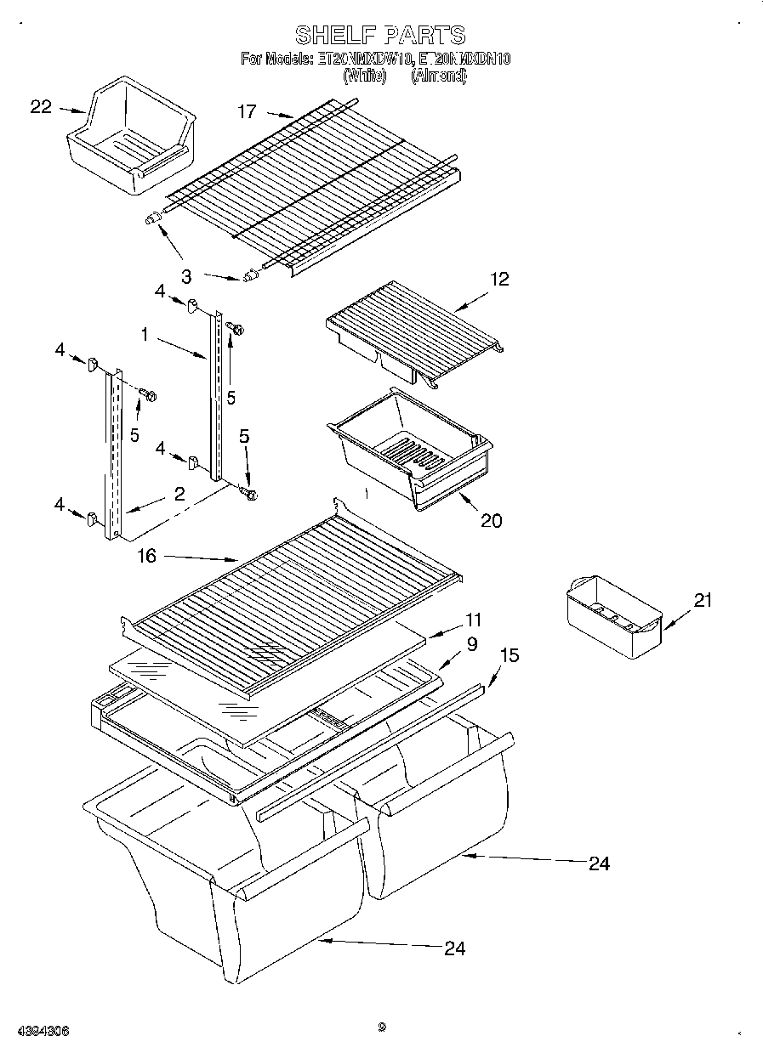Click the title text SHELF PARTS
(x=380, y=35)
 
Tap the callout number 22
(x=41, y=107)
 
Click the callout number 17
(x=247, y=111)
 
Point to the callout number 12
(x=499, y=279)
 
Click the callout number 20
(x=492, y=520)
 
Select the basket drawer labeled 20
(x=408, y=446)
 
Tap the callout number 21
(x=702, y=601)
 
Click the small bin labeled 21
(x=612, y=616)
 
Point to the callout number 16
(x=146, y=556)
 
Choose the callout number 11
(x=473, y=620)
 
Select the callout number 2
(x=179, y=494)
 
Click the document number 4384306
(x=42, y=1031)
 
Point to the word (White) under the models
(x=364, y=76)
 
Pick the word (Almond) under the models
(x=439, y=76)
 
